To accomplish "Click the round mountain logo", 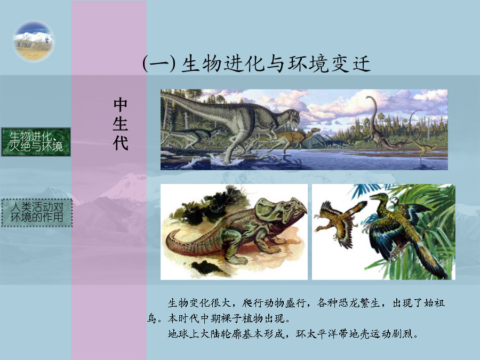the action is click(34, 41).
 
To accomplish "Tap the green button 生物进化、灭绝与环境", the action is click(36, 142).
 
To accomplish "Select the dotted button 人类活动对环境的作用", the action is click(37, 213).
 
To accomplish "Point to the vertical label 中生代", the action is click(121, 124).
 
